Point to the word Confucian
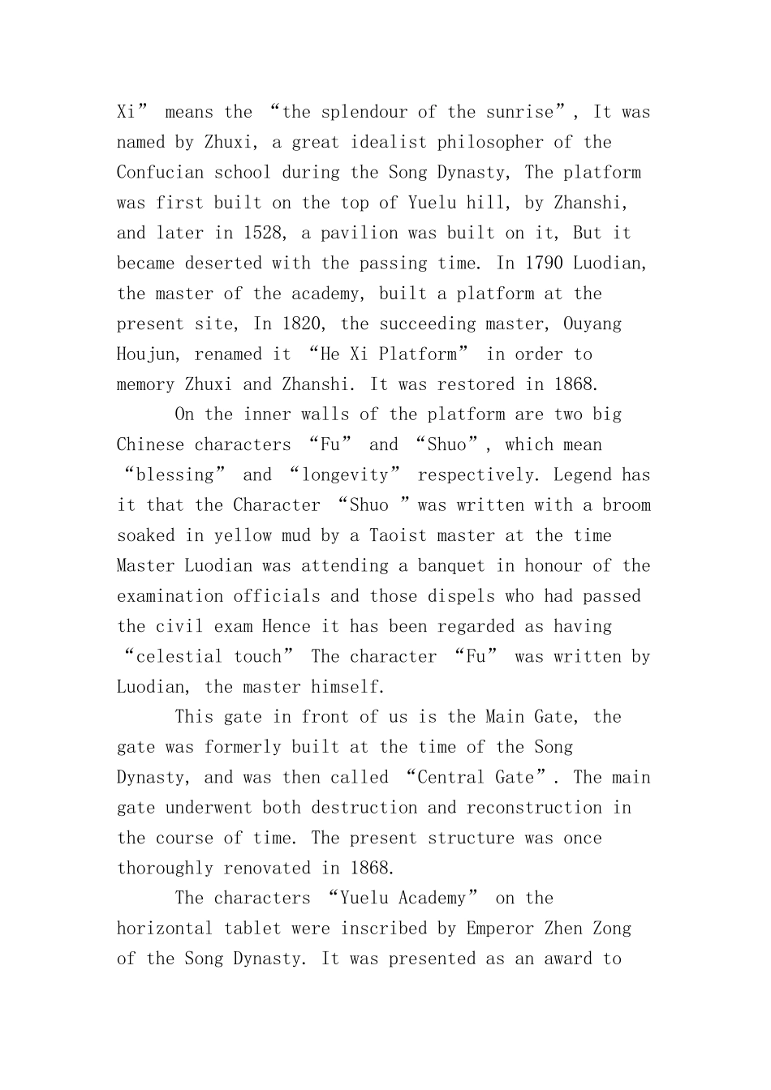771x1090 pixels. pyautogui.click(x=160, y=173)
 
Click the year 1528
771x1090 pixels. pyautogui.click(x=262, y=234)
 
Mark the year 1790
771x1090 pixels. pyautogui.click(x=544, y=264)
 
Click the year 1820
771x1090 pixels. pyautogui.click(x=301, y=324)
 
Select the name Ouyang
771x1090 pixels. pyautogui.click(x=592, y=324)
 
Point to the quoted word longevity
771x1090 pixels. pyautogui.click(x=345, y=475)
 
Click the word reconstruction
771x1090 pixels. pyautogui.click(x=534, y=809)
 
